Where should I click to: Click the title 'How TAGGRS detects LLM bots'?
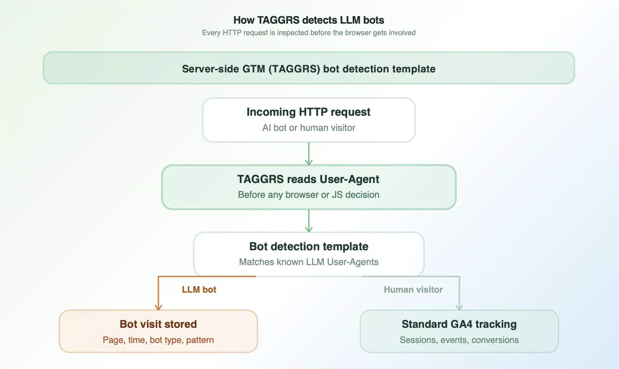[309, 20]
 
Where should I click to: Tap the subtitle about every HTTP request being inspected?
[309, 33]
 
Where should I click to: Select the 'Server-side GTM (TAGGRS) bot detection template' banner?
[309, 69]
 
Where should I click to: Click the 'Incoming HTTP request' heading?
[309, 112]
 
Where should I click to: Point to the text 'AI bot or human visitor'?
[309, 128]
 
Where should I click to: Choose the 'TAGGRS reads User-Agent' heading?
[309, 179]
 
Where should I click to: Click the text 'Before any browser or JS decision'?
[309, 195]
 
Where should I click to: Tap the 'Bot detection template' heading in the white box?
[309, 247]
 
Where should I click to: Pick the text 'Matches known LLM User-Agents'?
[309, 262]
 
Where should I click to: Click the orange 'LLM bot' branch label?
[199, 290]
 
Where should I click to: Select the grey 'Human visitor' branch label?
[413, 290]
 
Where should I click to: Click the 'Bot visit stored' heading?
[158, 324]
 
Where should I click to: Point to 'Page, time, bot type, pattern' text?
[158, 340]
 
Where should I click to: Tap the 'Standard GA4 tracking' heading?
[459, 324]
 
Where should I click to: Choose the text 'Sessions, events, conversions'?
[459, 340]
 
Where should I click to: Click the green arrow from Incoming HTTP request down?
[309, 154]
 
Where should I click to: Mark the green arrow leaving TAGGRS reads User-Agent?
[309, 221]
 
